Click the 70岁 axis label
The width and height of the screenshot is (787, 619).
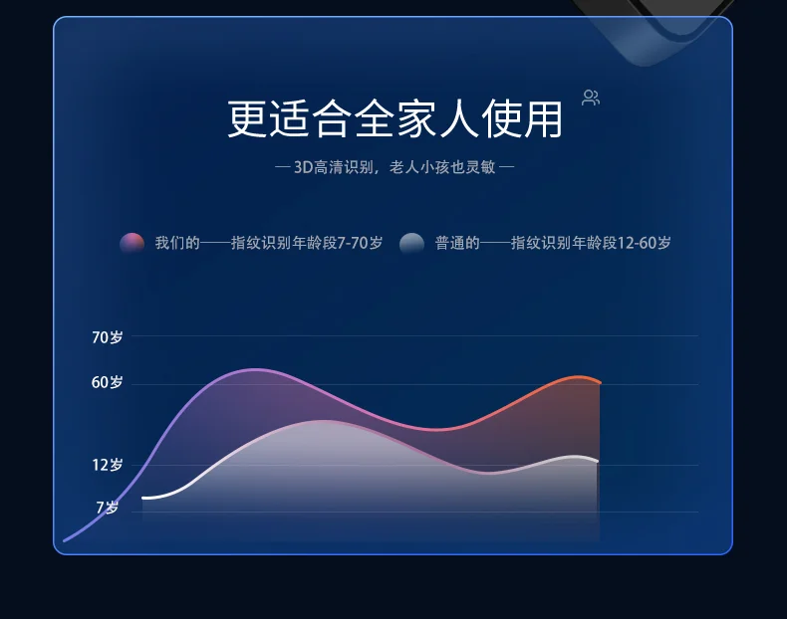[x=107, y=337]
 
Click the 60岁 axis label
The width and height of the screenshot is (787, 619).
[x=107, y=382]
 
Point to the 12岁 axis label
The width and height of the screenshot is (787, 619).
[x=108, y=465]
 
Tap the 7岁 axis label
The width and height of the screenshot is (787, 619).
[x=108, y=508]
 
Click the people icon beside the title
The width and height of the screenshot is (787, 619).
[x=591, y=98]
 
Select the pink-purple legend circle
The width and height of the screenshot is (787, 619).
[x=132, y=243]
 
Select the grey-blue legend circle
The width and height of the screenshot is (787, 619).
[x=411, y=244]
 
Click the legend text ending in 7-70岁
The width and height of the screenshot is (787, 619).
[x=269, y=243]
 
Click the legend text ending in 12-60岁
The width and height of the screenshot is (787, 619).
[x=553, y=243]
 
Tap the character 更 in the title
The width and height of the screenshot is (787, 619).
[x=247, y=118]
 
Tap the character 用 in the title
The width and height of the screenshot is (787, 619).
[x=543, y=118]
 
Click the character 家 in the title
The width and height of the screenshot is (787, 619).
[x=415, y=118]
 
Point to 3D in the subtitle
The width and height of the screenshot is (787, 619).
[x=303, y=167]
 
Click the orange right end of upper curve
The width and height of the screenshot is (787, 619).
[x=600, y=382]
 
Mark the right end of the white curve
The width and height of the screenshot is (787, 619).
[x=598, y=461]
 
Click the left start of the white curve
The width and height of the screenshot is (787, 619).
[x=143, y=498]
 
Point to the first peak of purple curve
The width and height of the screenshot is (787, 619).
[x=256, y=370]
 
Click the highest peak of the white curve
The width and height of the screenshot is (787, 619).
[x=324, y=421]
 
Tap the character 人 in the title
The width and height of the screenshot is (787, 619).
[x=458, y=118]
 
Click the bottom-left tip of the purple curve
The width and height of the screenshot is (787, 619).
[x=64, y=540]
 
